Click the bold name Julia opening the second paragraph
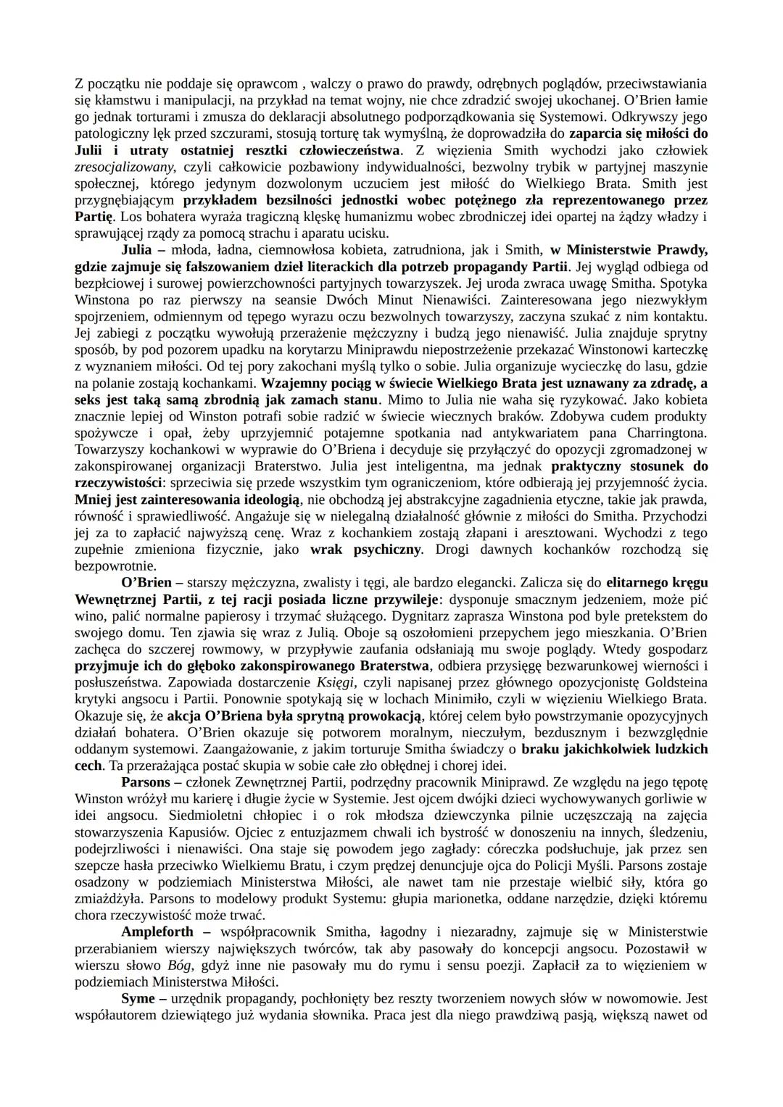(137, 250)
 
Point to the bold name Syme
(138, 999)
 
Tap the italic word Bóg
(182, 966)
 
